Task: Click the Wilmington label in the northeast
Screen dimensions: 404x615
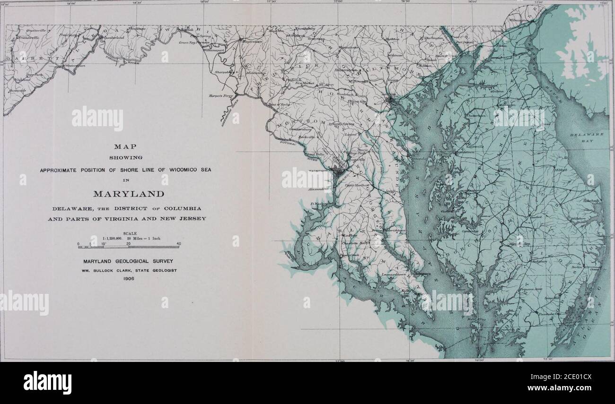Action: tap(528, 21)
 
